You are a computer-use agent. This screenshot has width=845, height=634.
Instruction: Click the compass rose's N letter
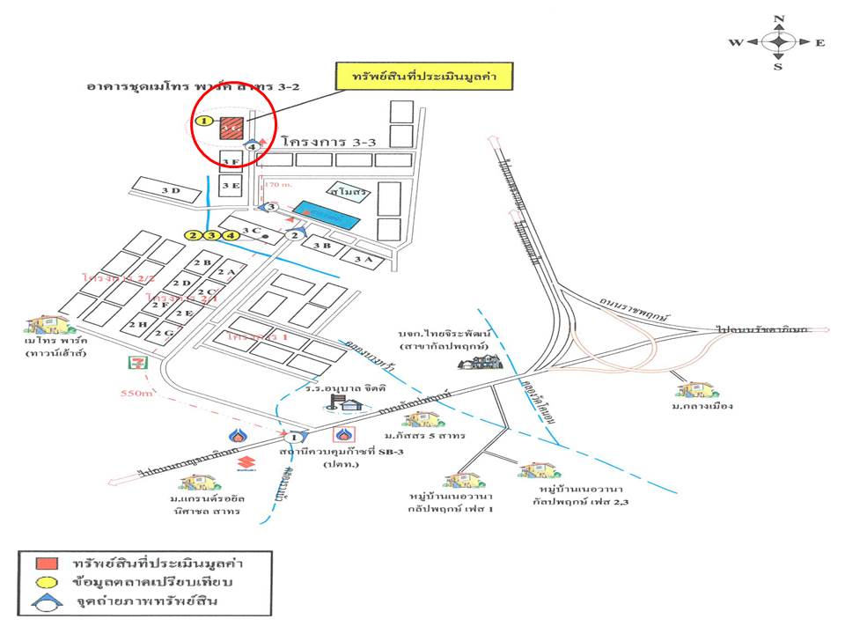[x=778, y=19]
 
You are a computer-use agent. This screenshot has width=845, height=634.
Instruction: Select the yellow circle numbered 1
[x=204, y=121]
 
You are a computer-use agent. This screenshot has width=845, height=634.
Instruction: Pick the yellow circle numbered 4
[x=231, y=235]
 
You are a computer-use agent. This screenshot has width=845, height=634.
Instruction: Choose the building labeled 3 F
[x=231, y=161]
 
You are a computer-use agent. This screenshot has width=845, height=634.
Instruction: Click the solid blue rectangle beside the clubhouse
[x=326, y=214]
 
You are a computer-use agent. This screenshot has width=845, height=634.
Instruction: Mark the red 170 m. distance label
[x=278, y=186]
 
